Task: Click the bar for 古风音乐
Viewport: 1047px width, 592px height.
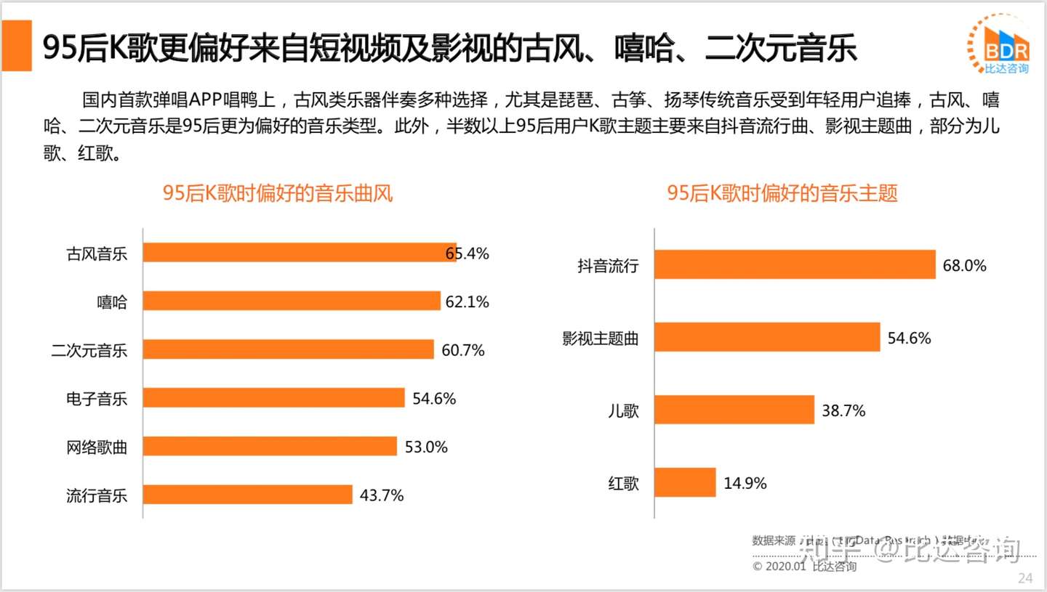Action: (x=299, y=252)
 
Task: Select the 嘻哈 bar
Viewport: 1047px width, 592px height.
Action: (x=292, y=301)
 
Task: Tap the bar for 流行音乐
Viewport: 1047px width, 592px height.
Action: (x=247, y=495)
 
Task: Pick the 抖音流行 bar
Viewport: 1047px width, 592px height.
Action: (x=795, y=264)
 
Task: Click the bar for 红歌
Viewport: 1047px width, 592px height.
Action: (x=685, y=482)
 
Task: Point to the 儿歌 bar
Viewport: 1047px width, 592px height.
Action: (x=734, y=410)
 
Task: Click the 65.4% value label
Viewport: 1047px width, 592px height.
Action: (x=468, y=254)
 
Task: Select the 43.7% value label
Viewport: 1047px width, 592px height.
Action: (x=382, y=495)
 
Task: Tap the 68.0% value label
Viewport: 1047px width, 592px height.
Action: (x=965, y=266)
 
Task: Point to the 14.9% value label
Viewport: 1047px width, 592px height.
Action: (x=745, y=483)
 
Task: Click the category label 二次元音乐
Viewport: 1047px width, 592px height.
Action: (x=89, y=351)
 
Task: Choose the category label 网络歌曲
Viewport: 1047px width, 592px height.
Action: (x=97, y=447)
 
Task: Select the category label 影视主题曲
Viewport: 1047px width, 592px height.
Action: (x=601, y=338)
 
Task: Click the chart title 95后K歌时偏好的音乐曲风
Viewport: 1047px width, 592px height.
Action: (x=278, y=193)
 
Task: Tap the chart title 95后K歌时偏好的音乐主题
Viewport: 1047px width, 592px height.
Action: (x=782, y=193)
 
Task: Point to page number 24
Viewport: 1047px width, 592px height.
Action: (x=1025, y=578)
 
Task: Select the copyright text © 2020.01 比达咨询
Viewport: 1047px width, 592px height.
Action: (x=804, y=566)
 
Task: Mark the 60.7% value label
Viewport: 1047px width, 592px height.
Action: (x=463, y=351)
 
